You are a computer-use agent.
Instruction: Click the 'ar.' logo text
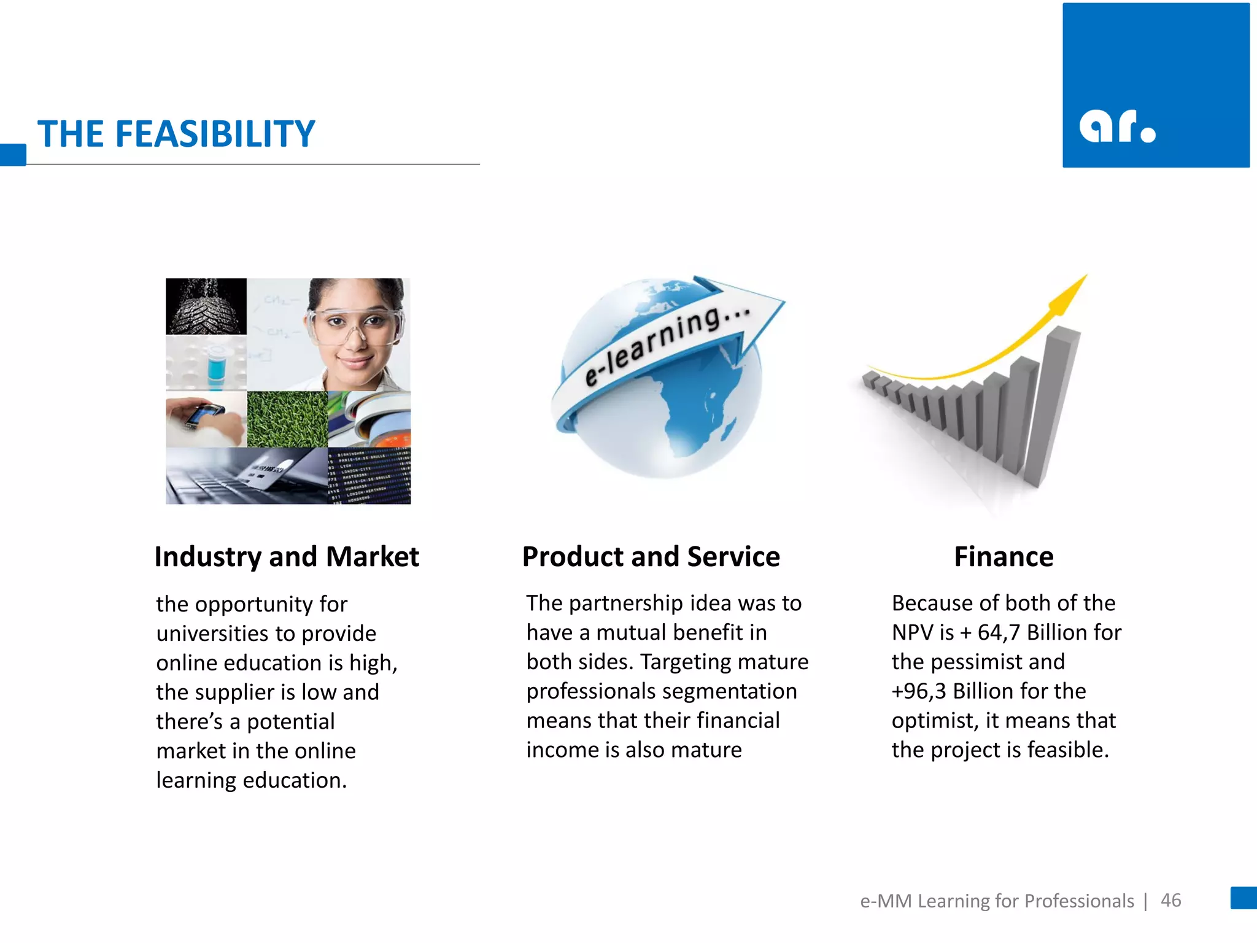(1116, 127)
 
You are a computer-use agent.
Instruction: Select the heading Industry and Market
(287, 557)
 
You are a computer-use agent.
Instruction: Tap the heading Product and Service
(651, 557)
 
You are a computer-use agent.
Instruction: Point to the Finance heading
(1004, 557)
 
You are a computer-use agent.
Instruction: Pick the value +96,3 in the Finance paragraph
(919, 691)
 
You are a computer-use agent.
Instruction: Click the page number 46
(1170, 900)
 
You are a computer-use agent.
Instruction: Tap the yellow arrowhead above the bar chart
(1069, 291)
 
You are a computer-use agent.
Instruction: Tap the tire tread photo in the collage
(206, 306)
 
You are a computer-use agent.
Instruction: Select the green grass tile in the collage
(287, 419)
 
